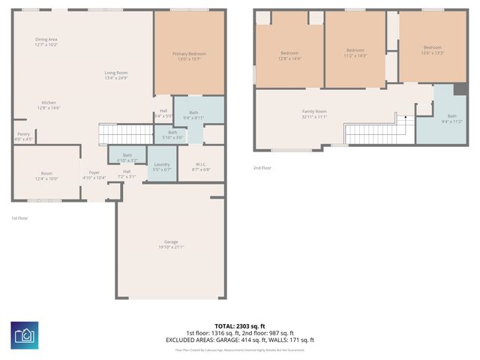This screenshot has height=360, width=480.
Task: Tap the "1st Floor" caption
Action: point(20,218)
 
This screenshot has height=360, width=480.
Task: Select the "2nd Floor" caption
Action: point(262,168)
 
